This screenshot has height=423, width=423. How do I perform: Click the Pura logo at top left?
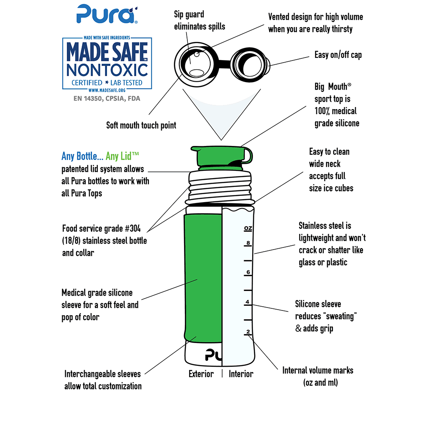105,14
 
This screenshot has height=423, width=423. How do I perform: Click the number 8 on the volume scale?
248,243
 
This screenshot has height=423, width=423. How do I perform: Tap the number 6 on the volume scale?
248,272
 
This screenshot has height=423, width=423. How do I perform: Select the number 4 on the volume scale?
248,302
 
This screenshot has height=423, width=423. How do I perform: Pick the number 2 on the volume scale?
248,331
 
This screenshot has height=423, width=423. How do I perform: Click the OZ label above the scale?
248,228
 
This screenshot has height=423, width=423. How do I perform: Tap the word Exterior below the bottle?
201,374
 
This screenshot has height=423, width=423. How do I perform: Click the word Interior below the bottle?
241,374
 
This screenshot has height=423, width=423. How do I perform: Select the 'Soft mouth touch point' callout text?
141,125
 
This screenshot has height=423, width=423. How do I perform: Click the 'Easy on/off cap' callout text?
338,55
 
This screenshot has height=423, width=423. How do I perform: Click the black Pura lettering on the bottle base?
214,354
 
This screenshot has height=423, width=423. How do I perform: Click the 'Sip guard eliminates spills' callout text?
199,20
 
